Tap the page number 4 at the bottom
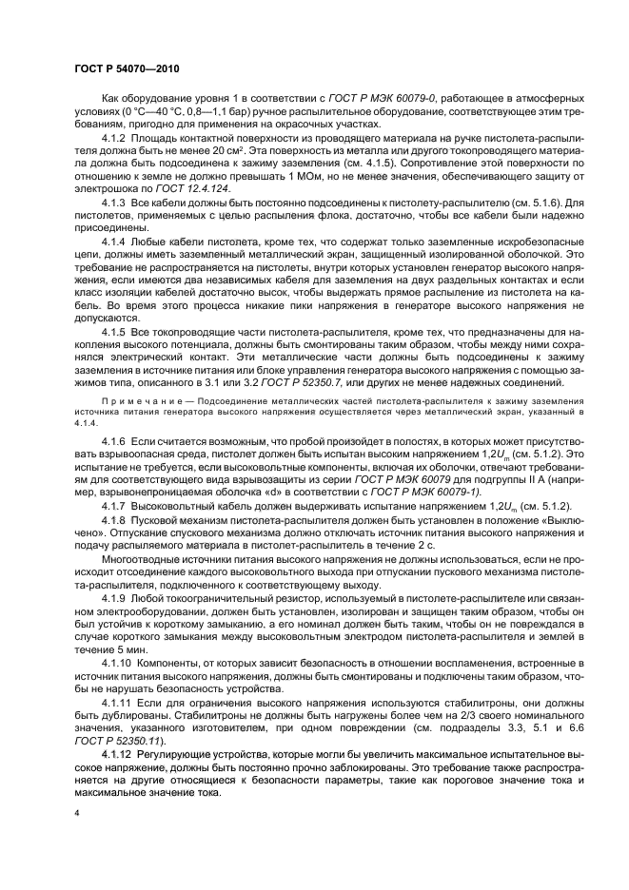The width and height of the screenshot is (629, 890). click(x=76, y=814)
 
